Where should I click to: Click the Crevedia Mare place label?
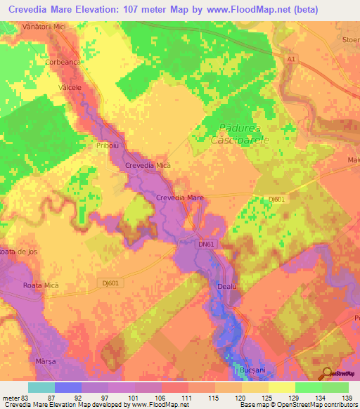[x=180, y=198]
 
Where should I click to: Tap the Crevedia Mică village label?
[x=148, y=165]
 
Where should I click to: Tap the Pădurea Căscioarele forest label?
[x=240, y=136]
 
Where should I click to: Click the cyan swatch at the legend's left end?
[x=41, y=387]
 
